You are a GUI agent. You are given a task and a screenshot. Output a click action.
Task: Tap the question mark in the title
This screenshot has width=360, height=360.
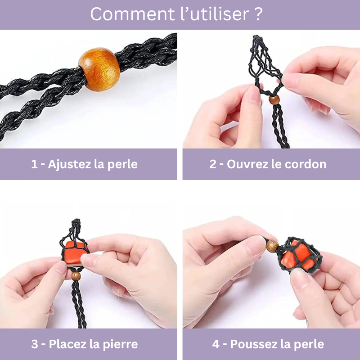[258, 14]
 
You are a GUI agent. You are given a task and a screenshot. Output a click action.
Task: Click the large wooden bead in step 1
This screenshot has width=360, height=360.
[99, 69]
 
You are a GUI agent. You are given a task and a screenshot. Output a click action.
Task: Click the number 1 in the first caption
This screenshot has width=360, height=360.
[34, 164]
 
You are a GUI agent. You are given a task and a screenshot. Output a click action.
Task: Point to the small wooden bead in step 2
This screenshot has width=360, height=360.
[274, 100]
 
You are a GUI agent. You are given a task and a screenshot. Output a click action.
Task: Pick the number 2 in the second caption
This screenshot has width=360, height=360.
[213, 164]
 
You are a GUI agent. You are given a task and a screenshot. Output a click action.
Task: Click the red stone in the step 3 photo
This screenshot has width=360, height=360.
[75, 253]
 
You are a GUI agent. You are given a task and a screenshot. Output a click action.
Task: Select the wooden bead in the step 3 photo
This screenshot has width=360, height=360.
[76, 276]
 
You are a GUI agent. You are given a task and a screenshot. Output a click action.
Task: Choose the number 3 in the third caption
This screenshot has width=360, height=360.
[35, 344]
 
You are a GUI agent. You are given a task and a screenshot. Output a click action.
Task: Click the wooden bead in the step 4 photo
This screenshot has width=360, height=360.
[272, 246]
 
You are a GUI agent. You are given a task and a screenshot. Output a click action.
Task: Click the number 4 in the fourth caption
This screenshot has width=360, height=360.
[216, 344]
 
